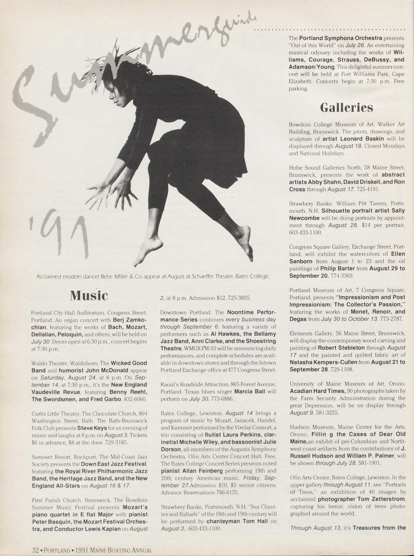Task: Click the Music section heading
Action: (89, 296)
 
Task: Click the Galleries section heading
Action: (346, 108)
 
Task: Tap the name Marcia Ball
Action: (250, 391)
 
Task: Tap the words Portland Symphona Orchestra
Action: (341, 38)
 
